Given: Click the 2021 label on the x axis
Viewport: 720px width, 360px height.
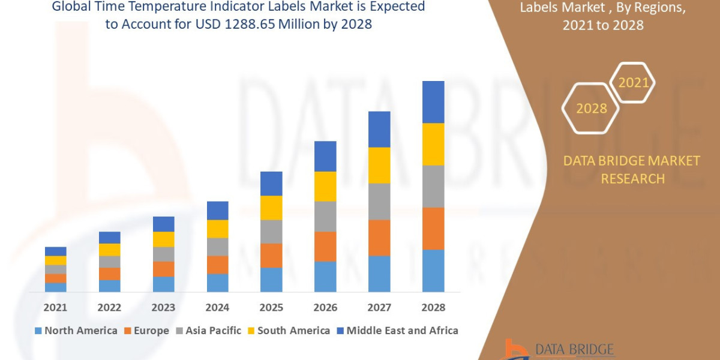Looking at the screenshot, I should (x=55, y=307).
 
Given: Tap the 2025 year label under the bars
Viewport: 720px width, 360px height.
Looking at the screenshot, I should (x=271, y=307).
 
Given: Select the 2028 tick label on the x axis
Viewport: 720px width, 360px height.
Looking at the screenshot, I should (x=433, y=307).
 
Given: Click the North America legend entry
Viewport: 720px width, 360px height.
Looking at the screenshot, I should (x=76, y=331).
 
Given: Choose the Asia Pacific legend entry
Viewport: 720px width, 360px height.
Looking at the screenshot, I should (x=208, y=331).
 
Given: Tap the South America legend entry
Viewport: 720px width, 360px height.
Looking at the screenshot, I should (x=288, y=331).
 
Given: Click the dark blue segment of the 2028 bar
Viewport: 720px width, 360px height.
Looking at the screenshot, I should (x=433, y=102).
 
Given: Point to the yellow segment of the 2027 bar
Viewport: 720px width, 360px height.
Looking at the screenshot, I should (x=379, y=165).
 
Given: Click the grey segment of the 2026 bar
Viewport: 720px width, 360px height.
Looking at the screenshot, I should (x=325, y=216).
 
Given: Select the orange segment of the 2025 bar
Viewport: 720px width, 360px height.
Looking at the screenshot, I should (x=271, y=256).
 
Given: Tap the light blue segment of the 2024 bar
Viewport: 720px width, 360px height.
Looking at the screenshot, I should (x=217, y=283).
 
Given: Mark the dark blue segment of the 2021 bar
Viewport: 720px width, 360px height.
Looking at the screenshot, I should (x=55, y=251).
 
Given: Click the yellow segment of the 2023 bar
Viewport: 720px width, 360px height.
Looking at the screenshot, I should (x=163, y=239).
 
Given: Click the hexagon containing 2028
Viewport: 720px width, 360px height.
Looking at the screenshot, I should (x=590, y=109).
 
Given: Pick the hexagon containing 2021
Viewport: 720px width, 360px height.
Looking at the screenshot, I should (x=632, y=82).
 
